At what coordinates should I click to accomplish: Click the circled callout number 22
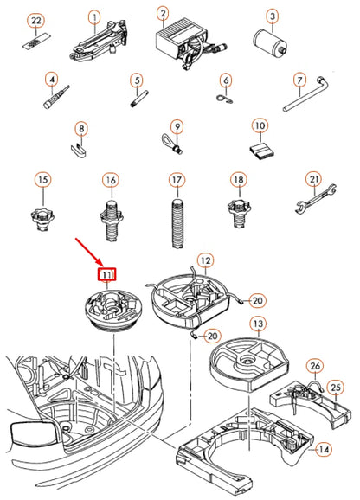click(x=36, y=21)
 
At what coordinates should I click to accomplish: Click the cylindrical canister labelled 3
click(x=271, y=42)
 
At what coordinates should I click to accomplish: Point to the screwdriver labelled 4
click(x=56, y=97)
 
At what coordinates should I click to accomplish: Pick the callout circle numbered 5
click(x=137, y=80)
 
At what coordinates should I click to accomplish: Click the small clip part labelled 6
click(x=226, y=99)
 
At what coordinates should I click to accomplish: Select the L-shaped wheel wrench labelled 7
click(x=305, y=93)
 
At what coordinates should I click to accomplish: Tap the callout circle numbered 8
click(x=81, y=129)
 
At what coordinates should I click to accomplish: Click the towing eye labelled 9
click(x=171, y=143)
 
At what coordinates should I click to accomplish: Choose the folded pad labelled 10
click(x=262, y=151)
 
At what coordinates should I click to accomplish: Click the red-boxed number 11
click(x=106, y=274)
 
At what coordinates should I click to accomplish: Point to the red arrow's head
click(x=102, y=266)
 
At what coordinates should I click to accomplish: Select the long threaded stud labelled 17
click(x=177, y=223)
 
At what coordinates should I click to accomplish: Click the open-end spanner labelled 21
click(x=315, y=198)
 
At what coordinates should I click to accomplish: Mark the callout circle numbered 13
click(x=258, y=324)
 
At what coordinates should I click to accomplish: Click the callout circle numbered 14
click(x=323, y=450)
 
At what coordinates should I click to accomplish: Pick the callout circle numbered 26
click(x=315, y=366)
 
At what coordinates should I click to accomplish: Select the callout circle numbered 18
click(x=239, y=180)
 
